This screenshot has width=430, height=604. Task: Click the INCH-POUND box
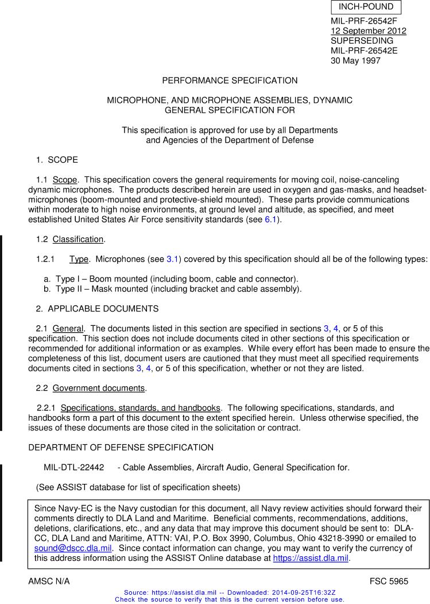pyautogui.click(x=366, y=7)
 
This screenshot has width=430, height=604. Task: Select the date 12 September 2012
pyautogui.click(x=368, y=31)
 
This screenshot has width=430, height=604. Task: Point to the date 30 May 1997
pyautogui.click(x=355, y=60)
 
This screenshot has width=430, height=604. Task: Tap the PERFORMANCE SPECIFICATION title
pyautogui.click(x=230, y=80)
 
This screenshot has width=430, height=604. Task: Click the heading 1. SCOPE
pyautogui.click(x=57, y=159)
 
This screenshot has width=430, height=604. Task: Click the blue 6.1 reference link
pyautogui.click(x=270, y=219)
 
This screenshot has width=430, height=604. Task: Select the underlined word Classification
pyautogui.click(x=78, y=239)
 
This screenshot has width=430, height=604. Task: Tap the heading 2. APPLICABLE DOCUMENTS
pyautogui.click(x=97, y=309)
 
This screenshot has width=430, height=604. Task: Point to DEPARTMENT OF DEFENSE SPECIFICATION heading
pyautogui.click(x=121, y=447)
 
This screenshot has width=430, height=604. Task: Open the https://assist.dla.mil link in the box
pyautogui.click(x=311, y=557)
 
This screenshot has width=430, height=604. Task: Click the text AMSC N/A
pyautogui.click(x=49, y=581)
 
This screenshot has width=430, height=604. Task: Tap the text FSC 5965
pyautogui.click(x=389, y=581)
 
